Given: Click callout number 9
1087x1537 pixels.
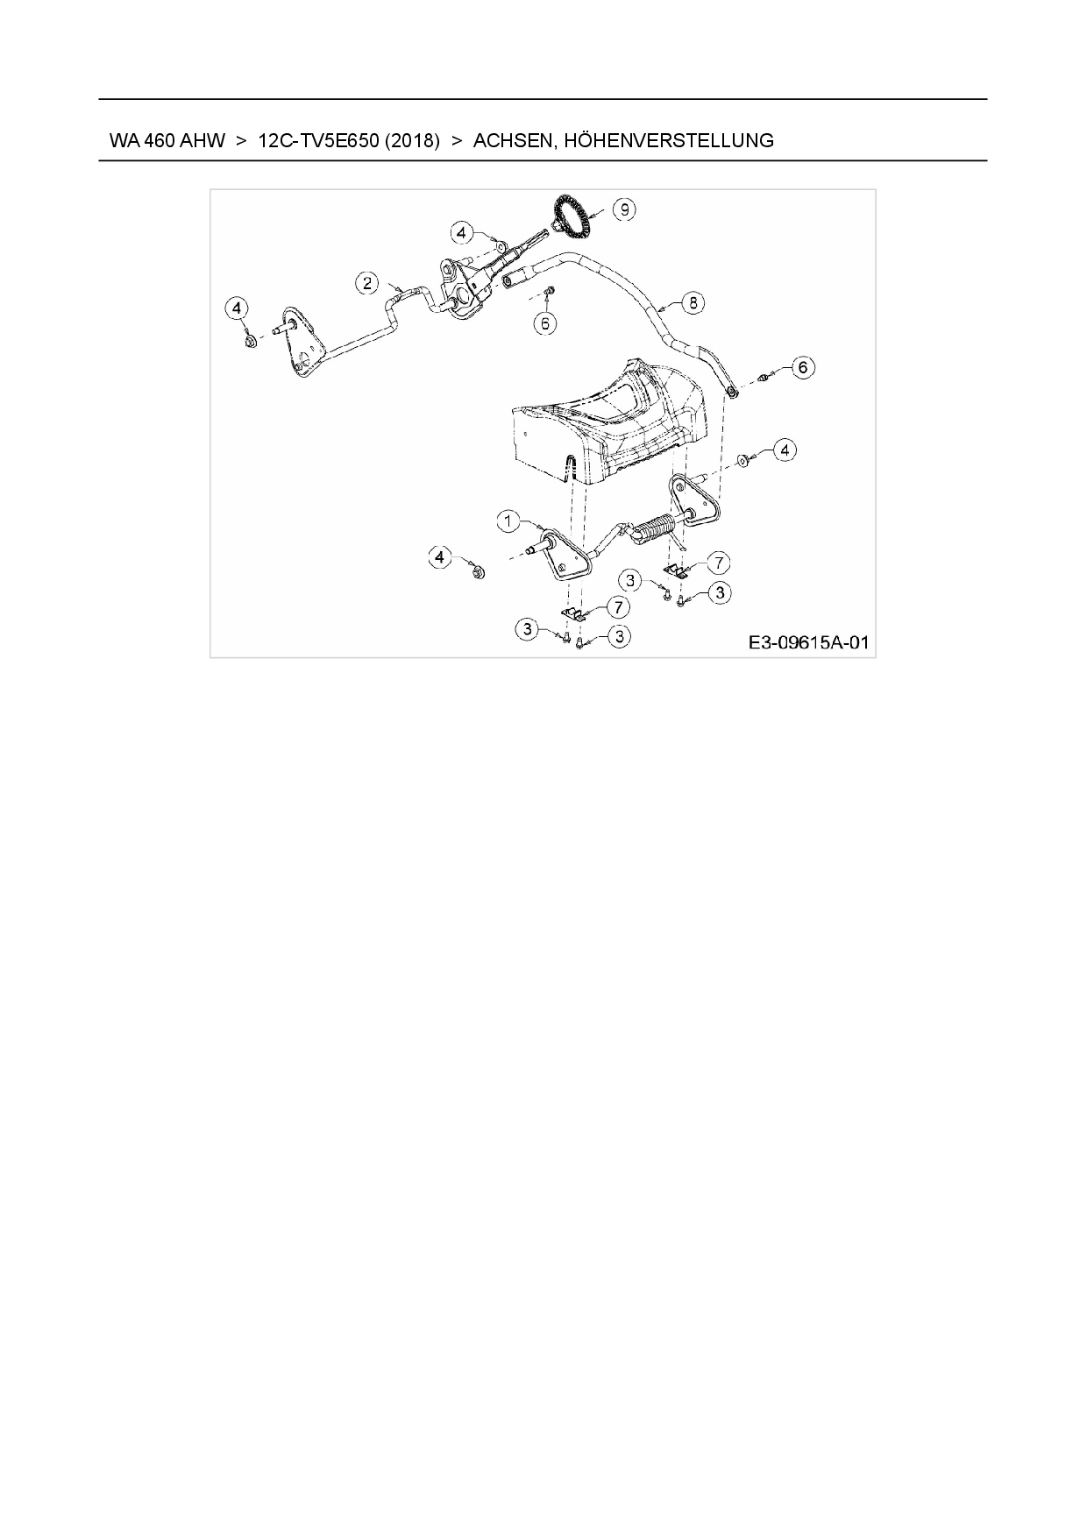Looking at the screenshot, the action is coord(623,210).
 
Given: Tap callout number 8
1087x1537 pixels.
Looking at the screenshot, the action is coord(693,303).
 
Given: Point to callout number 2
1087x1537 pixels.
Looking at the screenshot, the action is coord(367,282).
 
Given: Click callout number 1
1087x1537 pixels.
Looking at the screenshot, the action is coord(508,521).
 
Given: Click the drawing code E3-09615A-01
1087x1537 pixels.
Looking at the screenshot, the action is coord(807,642).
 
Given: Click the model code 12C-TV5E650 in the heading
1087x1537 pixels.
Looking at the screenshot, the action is coord(318,140).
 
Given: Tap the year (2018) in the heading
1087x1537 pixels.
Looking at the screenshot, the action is coord(412,140).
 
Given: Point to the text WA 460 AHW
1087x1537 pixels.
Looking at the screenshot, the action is coord(167,140).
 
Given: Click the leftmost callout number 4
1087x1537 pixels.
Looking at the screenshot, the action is coord(237,308).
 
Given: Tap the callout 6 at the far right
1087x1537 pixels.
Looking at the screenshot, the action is coord(802,367).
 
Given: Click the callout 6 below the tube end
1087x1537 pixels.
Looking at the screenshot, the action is coord(544,323).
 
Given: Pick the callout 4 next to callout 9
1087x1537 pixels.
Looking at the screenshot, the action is coord(463,232).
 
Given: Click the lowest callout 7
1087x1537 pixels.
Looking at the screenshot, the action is coord(619,606).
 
